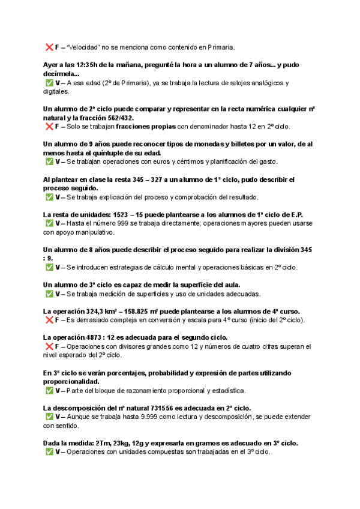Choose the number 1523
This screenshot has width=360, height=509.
116,214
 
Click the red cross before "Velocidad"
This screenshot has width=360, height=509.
49,47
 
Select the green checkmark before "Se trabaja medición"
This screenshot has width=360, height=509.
49,294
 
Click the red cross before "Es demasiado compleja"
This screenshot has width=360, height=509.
49,320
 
